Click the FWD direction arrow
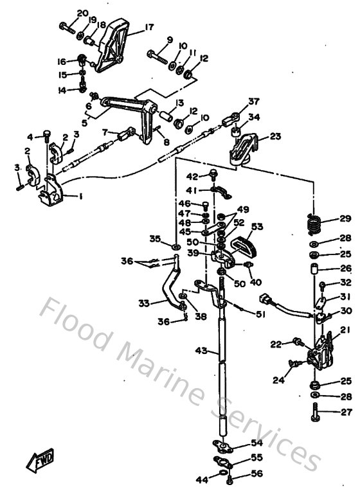tap(40, 460)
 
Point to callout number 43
tap(201, 351)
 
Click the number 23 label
tap(275, 136)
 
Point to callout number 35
tap(154, 239)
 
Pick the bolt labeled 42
tap(212, 174)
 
